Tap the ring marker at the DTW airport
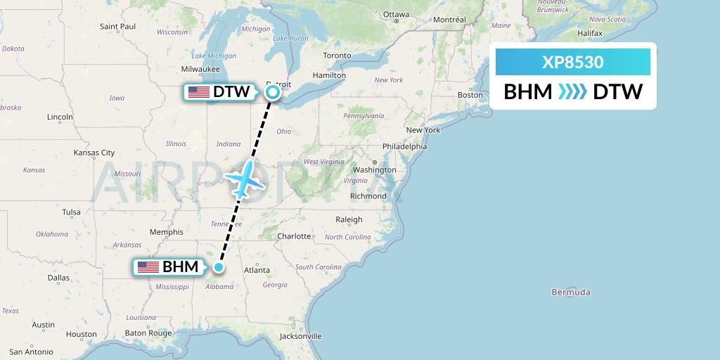[273, 91]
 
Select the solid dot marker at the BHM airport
[219, 267]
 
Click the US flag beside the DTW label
[199, 92]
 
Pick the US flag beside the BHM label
[148, 267]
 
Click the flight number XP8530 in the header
[572, 62]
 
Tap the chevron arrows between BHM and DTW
[572, 92]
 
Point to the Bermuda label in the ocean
[571, 292]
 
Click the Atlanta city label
[257, 269]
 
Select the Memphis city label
[166, 231]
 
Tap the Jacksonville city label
[300, 336]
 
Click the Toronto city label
[337, 56]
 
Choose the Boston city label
[470, 95]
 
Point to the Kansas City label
[94, 153]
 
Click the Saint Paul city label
[117, 27]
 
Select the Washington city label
[374, 169]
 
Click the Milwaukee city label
[200, 69]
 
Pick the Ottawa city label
[396, 14]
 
